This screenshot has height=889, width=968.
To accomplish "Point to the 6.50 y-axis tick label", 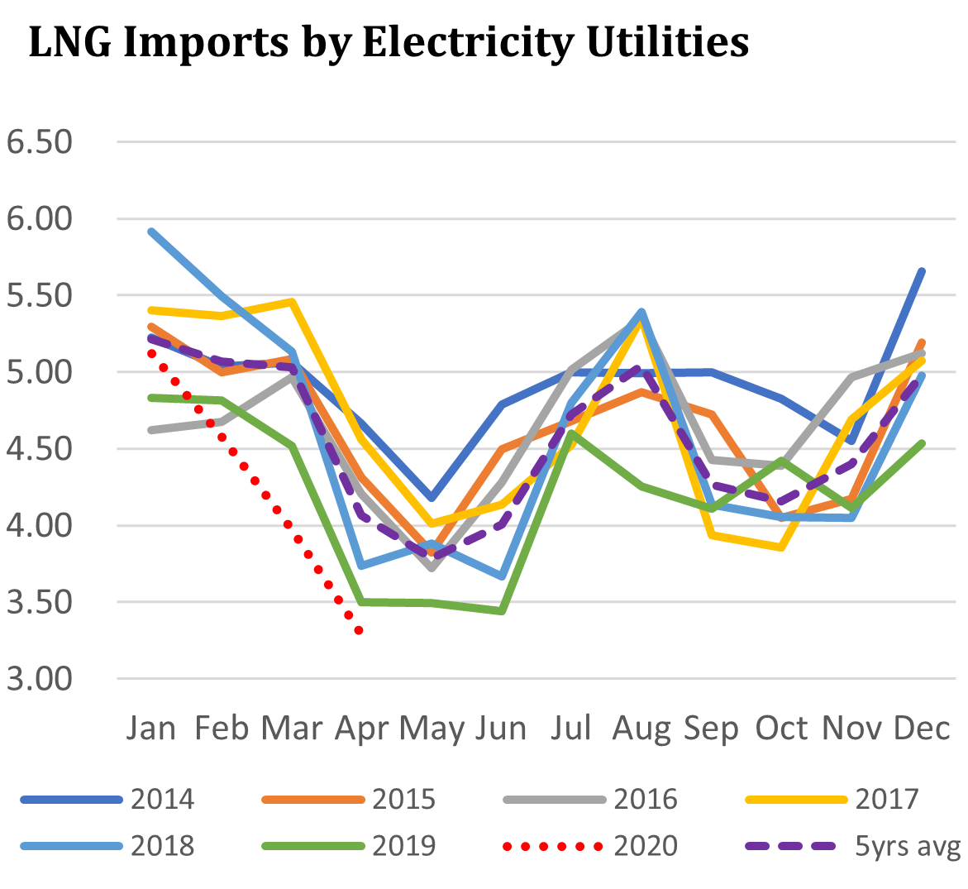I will [x=39, y=142].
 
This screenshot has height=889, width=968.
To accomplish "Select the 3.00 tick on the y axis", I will [x=39, y=679].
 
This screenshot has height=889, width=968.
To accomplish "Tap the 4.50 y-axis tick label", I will [x=39, y=449].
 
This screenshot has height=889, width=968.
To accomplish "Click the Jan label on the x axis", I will [x=151, y=729].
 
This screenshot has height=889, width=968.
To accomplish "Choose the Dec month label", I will [x=922, y=729].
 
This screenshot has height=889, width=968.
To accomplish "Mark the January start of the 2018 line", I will [x=151, y=232].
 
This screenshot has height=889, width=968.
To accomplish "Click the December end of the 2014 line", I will [x=922, y=271].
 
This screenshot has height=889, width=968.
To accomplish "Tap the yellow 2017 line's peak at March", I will [x=291, y=302].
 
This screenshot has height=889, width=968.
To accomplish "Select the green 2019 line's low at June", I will [x=501, y=611].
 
